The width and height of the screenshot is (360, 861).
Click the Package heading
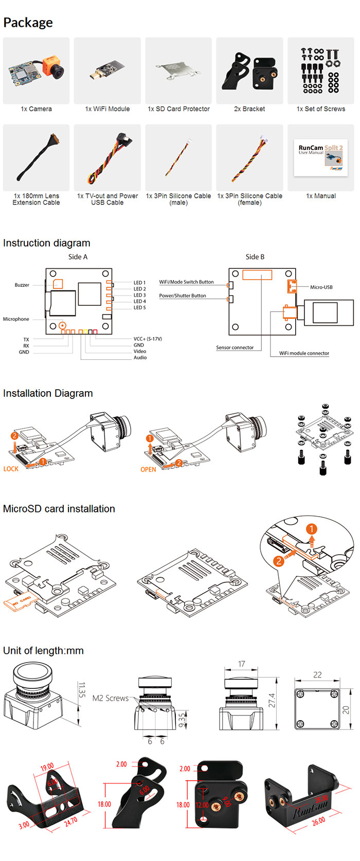(28, 23)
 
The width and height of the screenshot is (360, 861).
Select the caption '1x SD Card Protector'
(178, 109)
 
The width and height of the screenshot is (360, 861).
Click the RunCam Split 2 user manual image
(321, 158)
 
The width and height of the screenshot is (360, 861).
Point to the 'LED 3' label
(139, 295)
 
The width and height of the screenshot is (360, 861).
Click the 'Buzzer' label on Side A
(22, 285)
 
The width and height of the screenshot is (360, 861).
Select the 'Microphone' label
(16, 319)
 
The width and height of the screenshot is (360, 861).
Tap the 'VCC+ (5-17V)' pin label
(148, 339)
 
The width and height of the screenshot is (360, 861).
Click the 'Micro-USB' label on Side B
(321, 287)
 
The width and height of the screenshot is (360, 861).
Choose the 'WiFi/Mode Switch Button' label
(186, 282)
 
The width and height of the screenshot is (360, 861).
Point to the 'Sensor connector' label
(235, 347)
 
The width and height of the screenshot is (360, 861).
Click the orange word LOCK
(11, 469)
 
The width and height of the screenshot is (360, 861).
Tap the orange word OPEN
(148, 469)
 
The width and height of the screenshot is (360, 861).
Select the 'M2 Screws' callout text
(111, 698)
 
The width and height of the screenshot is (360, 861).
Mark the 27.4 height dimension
(272, 700)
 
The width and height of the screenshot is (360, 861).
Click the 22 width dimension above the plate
(317, 675)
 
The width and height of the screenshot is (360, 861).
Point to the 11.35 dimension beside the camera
(81, 690)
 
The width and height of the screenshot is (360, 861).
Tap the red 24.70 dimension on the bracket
(71, 821)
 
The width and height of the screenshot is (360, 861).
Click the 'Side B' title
(255, 257)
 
